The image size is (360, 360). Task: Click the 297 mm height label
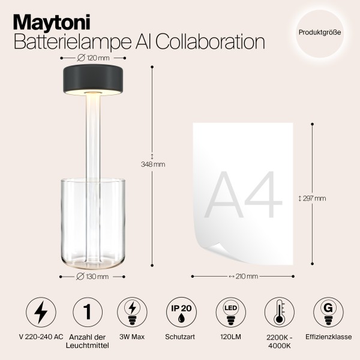(312, 197)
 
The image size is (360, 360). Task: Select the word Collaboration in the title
(208, 42)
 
